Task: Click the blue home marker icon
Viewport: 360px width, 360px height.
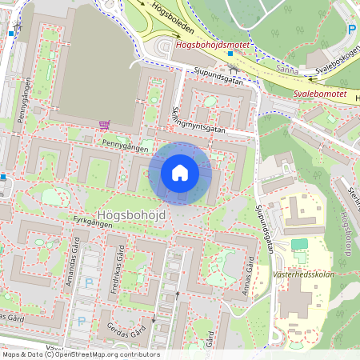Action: (x=180, y=173)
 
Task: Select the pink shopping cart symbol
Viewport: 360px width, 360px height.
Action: (x=104, y=125)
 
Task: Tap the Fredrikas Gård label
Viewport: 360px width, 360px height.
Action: (x=118, y=270)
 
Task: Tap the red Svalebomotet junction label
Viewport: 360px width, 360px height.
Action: (x=319, y=93)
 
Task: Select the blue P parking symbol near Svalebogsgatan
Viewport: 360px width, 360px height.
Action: (x=351, y=30)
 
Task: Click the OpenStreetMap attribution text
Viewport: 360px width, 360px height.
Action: (x=80, y=354)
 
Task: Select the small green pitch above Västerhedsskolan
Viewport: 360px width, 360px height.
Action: (x=299, y=243)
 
